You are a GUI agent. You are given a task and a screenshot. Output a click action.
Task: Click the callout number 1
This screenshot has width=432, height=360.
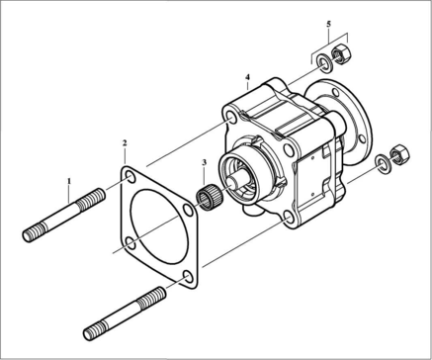click(x=69, y=181)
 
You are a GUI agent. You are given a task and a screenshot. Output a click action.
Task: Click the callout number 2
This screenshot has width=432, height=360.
click(x=125, y=143)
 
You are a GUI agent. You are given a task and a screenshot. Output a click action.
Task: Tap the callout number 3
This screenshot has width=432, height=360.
click(x=205, y=162)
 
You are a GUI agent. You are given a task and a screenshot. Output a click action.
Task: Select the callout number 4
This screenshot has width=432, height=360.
click(x=247, y=77)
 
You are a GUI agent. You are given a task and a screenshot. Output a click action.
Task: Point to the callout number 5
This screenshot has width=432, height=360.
click(x=328, y=24)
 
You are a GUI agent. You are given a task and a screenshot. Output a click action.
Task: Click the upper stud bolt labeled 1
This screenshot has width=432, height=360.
click(x=64, y=215)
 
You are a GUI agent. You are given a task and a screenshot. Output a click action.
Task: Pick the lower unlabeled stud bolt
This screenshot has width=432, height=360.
click(x=125, y=314)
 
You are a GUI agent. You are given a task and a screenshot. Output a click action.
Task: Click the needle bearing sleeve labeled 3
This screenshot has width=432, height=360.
click(x=210, y=198)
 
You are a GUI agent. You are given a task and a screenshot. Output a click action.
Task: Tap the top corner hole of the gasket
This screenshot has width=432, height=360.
click(x=130, y=177)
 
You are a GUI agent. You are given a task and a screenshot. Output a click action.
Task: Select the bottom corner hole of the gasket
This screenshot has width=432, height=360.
click(x=189, y=277)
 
